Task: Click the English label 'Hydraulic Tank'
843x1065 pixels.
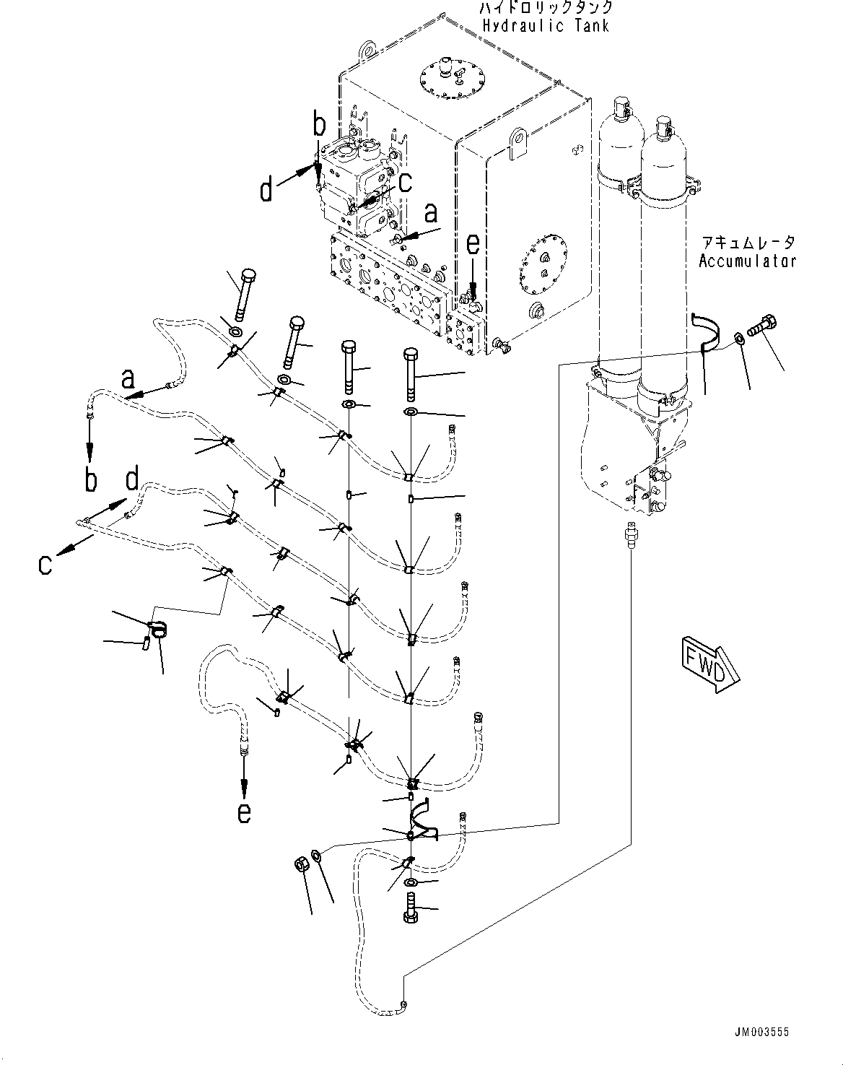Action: coord(546,26)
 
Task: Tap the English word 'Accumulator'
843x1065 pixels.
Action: coord(747,261)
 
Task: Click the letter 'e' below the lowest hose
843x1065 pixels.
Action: coord(245,813)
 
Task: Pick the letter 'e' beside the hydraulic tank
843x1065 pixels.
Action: coord(472,245)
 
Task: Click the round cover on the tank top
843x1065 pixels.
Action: coord(451,75)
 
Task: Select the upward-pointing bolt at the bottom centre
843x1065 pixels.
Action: coord(410,909)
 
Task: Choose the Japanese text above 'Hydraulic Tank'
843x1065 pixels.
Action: coord(546,7)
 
